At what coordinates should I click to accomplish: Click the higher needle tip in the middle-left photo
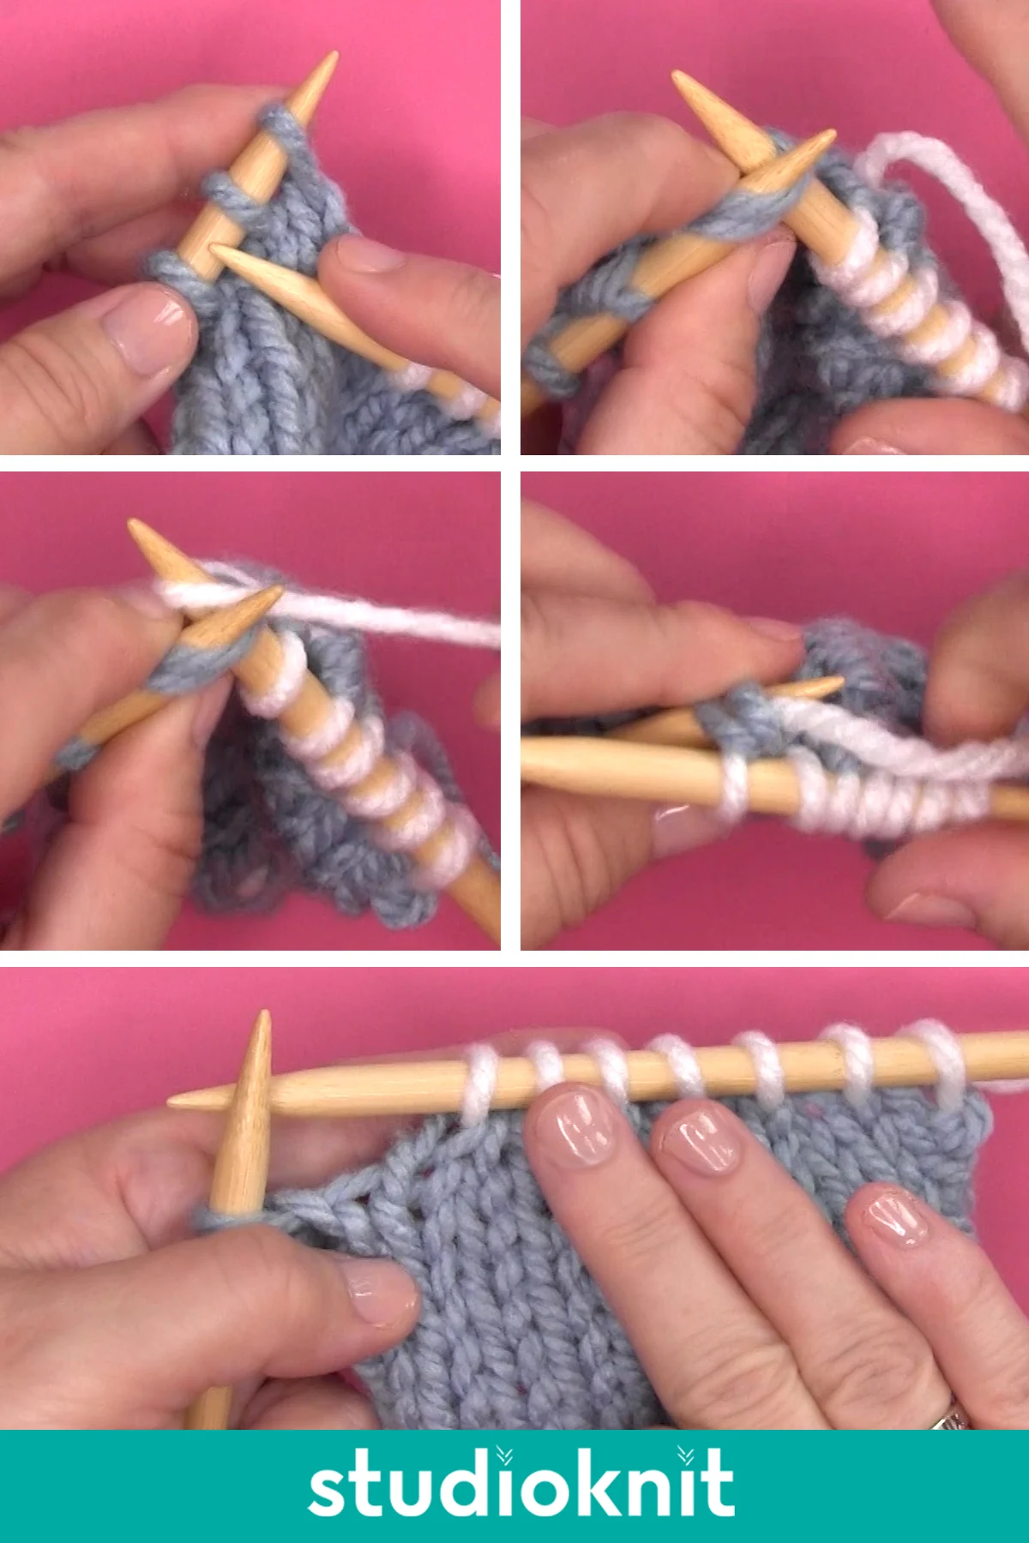[134, 525]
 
